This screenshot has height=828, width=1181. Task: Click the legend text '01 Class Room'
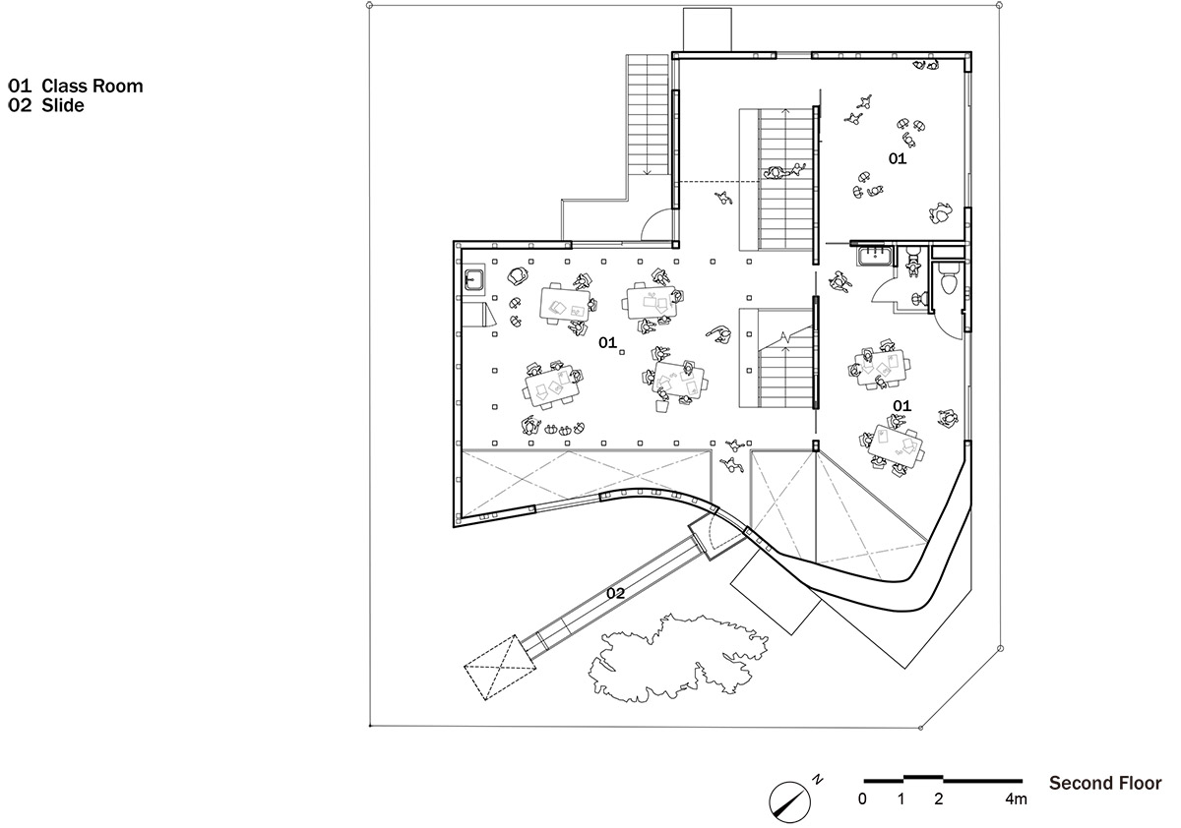[76, 87]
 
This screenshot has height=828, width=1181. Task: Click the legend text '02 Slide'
[46, 105]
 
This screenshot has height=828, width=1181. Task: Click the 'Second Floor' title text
[1104, 784]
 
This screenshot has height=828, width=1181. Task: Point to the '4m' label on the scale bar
[1016, 799]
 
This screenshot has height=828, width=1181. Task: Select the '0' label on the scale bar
[862, 799]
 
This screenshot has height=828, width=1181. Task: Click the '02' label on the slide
[615, 593]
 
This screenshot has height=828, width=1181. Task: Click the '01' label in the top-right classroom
[898, 158]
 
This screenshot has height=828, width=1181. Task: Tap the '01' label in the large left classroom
[607, 343]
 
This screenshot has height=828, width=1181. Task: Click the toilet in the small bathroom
[950, 280]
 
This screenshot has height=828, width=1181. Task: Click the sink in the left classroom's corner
[472, 279]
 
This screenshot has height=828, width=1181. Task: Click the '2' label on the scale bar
[939, 799]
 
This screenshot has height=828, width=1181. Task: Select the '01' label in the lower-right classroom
[901, 405]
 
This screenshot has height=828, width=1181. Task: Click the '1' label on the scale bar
[901, 799]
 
